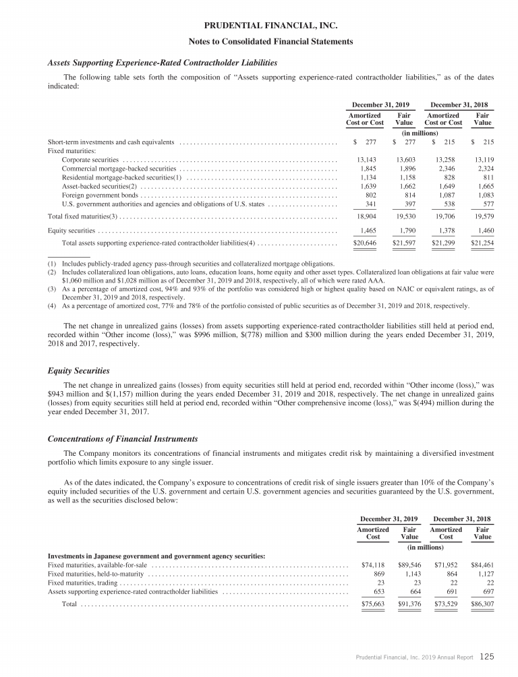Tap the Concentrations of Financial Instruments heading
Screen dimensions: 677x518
[x=123, y=439]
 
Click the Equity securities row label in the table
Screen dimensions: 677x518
[x=71, y=231]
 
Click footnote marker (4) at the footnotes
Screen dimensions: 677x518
[x=52, y=305]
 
